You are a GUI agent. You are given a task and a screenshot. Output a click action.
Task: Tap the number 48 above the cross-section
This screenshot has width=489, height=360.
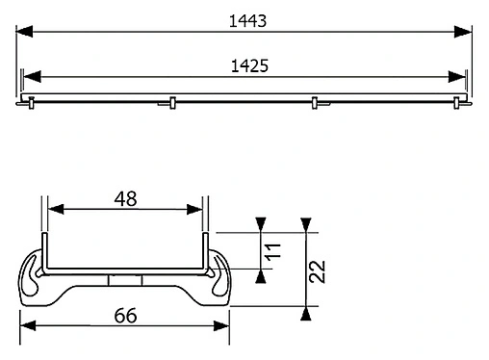click(125, 199)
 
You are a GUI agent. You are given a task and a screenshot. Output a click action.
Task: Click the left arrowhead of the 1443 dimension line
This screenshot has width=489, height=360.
click(27, 32)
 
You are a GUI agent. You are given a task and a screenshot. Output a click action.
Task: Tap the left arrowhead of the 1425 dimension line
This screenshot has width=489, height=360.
click(30, 78)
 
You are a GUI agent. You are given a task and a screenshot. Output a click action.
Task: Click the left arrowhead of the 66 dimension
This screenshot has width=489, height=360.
click(28, 329)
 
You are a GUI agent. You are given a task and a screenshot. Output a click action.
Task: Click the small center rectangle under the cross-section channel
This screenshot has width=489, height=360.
click(125, 279)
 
